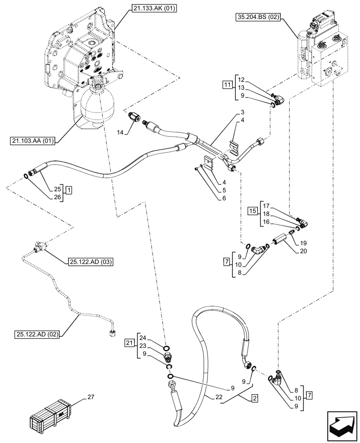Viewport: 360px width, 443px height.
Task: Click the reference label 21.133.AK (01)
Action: pyautogui.click(x=154, y=8)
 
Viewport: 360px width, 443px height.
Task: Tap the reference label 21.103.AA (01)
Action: pyautogui.click(x=34, y=141)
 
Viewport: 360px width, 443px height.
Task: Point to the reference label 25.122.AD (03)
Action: pyautogui.click(x=90, y=262)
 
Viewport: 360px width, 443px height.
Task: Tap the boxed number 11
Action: pyautogui.click(x=227, y=84)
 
